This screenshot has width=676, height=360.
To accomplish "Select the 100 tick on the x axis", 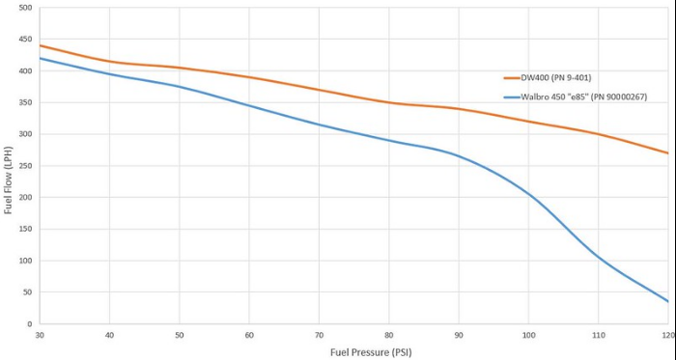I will [527, 335].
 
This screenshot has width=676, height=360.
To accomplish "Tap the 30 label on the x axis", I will [39, 335].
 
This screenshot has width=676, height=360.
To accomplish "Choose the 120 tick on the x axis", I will [667, 335].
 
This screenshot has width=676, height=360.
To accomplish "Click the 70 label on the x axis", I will [318, 335].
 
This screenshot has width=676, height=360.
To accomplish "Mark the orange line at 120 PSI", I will [667, 152].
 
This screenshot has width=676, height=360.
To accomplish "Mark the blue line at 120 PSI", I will [667, 301].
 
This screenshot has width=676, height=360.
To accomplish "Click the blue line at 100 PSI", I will [527, 194].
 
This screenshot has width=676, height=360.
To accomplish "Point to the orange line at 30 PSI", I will [40, 45].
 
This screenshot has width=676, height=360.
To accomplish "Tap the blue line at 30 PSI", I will [40, 58].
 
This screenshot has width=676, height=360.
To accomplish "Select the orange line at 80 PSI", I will [388, 102].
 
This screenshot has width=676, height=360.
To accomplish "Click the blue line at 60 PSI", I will [248, 105].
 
